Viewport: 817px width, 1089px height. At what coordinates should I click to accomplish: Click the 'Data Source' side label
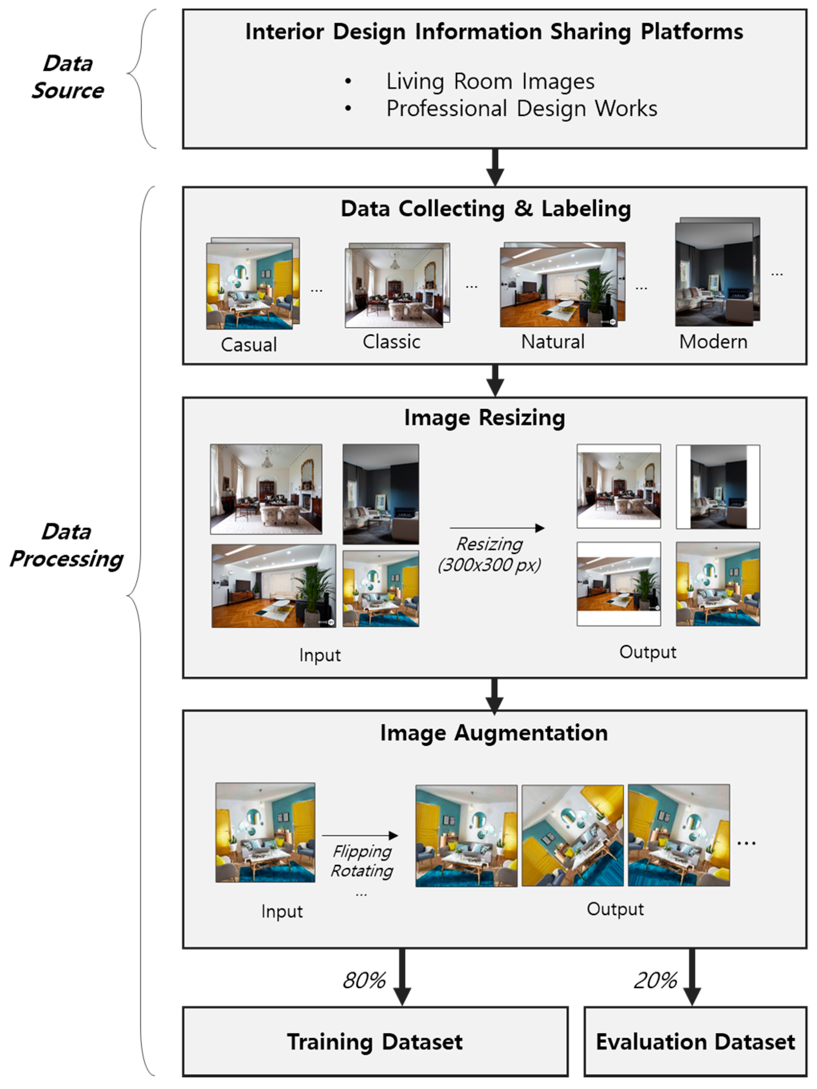(68, 77)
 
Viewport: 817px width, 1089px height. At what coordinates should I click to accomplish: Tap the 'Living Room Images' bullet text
(490, 81)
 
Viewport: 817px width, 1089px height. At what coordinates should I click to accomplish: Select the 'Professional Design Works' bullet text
(521, 108)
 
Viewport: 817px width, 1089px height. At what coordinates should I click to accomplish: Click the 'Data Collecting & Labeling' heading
(485, 209)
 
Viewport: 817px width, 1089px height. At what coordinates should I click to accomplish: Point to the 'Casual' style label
(248, 345)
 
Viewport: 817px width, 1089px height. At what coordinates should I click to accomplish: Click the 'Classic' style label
(392, 341)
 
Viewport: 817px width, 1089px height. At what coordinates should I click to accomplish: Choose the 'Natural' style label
(552, 341)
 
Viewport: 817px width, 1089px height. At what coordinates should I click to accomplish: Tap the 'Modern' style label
(713, 341)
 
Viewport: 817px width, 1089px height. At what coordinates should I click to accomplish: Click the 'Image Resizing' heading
(485, 418)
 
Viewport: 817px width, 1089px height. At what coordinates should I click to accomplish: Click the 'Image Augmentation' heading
(494, 733)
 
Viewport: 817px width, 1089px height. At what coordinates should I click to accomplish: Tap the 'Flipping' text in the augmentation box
(362, 851)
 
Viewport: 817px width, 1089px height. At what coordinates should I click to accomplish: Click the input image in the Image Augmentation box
(265, 832)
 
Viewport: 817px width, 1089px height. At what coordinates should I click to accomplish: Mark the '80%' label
(364, 981)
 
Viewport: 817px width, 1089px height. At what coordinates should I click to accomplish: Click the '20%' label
(655, 981)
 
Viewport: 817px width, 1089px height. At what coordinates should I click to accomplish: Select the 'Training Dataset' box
(375, 1042)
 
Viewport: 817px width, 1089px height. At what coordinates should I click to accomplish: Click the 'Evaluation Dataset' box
(695, 1042)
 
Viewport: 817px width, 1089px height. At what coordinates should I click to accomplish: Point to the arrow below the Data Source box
(495, 168)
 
